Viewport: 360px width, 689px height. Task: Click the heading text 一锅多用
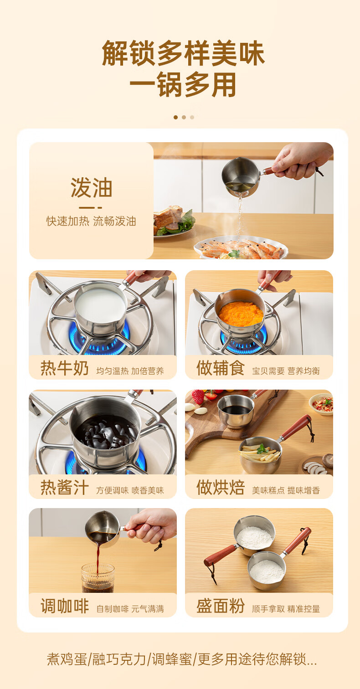[183, 85]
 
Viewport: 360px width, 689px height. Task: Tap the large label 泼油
[92, 188]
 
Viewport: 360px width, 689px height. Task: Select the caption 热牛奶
[65, 368]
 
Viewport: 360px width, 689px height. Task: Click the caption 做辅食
[221, 368]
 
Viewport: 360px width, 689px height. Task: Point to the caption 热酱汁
[65, 488]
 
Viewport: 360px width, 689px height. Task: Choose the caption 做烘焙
[221, 488]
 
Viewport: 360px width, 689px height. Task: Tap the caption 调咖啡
[65, 606]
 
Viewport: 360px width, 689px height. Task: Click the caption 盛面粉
[221, 606]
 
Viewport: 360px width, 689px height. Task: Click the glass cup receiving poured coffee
[98, 578]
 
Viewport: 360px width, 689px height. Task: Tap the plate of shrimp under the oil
[241, 247]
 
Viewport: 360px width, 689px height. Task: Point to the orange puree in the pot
[241, 314]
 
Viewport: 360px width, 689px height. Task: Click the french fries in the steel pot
[260, 452]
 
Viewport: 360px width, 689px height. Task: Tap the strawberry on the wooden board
[198, 396]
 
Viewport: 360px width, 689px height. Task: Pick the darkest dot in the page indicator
[176, 117]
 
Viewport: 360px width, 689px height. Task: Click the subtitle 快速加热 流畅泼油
[92, 221]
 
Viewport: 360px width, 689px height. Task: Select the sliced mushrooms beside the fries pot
[315, 468]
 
